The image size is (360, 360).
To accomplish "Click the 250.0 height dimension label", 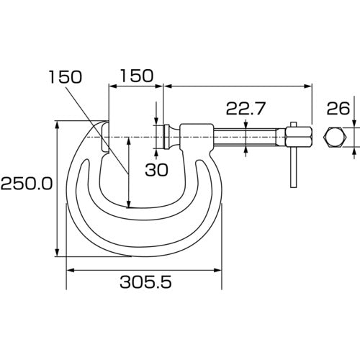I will point(26,184).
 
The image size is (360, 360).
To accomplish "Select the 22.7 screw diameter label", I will point(246,109).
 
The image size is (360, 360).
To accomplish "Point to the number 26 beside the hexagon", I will point(338,109).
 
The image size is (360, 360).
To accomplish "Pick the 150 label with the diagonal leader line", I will point(66,76).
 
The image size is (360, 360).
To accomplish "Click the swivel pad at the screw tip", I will point(168,135).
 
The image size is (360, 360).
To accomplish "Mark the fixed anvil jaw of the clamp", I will point(105,137).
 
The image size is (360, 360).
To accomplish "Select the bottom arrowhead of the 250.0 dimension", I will point(57,253).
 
